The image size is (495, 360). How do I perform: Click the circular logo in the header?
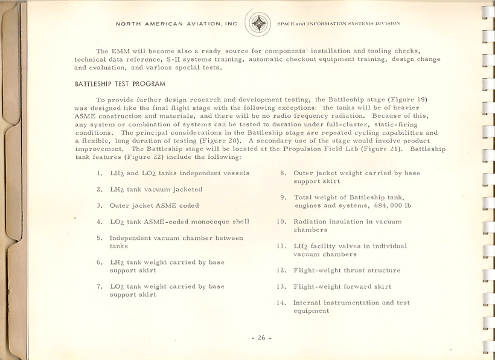click(x=259, y=24)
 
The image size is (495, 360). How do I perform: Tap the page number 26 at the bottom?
click(x=261, y=338)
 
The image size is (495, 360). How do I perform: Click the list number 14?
click(x=281, y=303)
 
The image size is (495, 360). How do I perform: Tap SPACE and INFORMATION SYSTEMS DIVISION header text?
click(x=338, y=24)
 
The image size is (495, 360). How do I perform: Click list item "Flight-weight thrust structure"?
click(x=346, y=271)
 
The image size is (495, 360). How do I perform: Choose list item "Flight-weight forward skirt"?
click(x=342, y=287)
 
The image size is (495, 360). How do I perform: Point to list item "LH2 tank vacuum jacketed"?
click(x=156, y=190)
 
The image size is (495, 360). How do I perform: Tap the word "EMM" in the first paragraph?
click(x=120, y=51)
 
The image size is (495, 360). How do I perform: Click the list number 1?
click(x=99, y=173)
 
